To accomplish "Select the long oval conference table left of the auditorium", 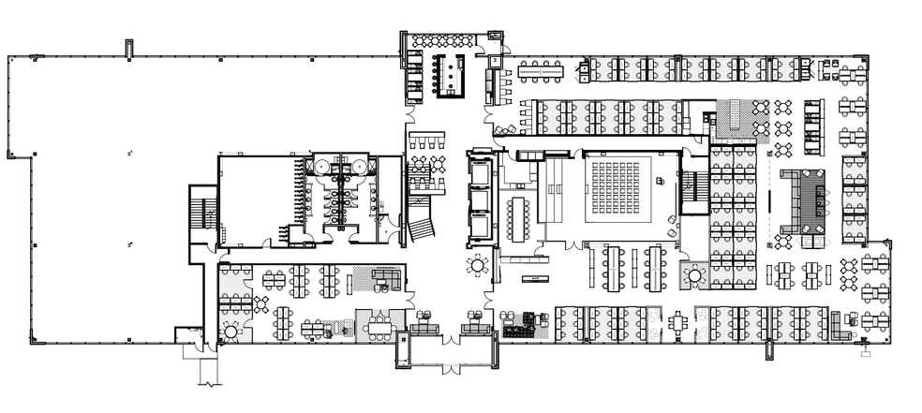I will pyautogui.click(x=518, y=216).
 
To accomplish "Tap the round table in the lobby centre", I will pyautogui.click(x=479, y=266).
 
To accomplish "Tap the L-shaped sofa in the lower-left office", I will pyautogui.click(x=387, y=278).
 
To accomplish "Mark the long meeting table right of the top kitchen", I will pyautogui.click(x=541, y=68).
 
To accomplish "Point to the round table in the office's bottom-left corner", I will pyautogui.click(x=230, y=331).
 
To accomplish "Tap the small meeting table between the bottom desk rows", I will pyautogui.click(x=677, y=322).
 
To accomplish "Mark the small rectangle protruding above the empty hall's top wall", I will pyautogui.click(x=129, y=49).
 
